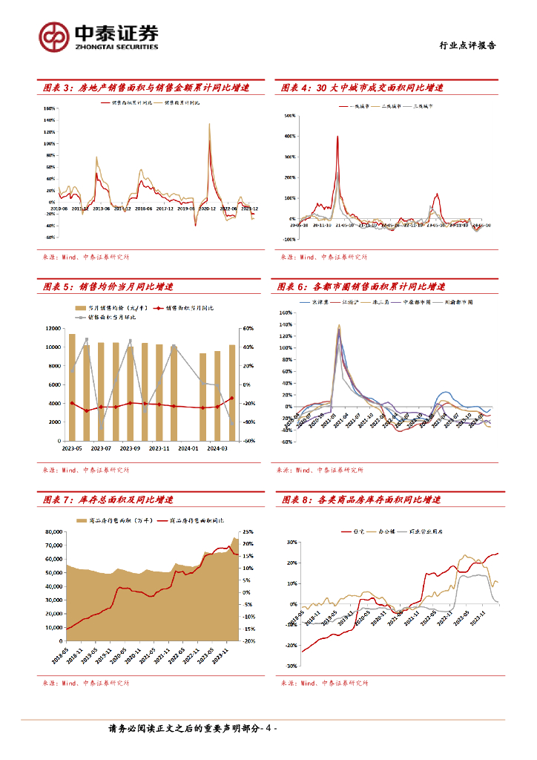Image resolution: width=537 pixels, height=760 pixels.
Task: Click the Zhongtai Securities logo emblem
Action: click(55, 36)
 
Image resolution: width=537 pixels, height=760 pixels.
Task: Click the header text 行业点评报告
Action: click(465, 45)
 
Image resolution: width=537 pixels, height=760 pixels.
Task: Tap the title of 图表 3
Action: click(145, 88)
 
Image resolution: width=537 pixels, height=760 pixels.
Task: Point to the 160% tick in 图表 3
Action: click(50, 108)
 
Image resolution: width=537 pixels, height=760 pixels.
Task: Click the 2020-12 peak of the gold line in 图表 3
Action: click(209, 124)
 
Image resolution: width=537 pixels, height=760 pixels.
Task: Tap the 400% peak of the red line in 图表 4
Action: click(337, 137)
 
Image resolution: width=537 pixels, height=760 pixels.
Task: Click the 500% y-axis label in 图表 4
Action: click(289, 117)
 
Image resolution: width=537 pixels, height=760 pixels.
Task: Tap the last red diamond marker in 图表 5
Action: click(232, 399)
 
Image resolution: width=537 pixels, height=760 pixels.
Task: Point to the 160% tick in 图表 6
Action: click(287, 312)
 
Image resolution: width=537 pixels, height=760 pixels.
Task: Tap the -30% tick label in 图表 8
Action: click(288, 665)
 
